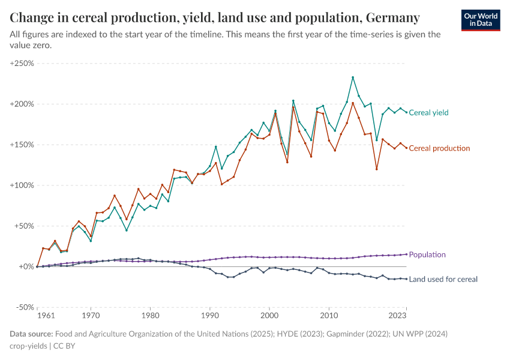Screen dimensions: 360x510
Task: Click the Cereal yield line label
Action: (x=428, y=113)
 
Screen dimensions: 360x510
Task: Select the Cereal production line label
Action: (x=439, y=148)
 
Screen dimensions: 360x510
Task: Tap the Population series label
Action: (x=427, y=255)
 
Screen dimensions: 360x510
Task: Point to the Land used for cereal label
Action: (x=443, y=279)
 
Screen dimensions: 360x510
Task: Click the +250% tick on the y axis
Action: (x=22, y=63)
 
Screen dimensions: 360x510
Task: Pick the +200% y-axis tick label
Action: (x=22, y=104)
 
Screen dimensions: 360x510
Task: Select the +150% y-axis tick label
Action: (x=22, y=145)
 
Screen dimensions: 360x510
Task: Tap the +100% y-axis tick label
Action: (x=22, y=185)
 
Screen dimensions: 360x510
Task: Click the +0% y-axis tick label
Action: (x=26, y=266)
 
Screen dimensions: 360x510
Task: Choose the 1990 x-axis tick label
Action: (x=209, y=314)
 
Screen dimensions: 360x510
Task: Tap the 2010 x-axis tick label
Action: (x=328, y=314)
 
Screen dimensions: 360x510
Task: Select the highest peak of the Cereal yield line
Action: (x=353, y=77)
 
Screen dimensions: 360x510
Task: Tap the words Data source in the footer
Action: (x=31, y=334)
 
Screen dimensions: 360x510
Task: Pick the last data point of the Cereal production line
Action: (x=406, y=148)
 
